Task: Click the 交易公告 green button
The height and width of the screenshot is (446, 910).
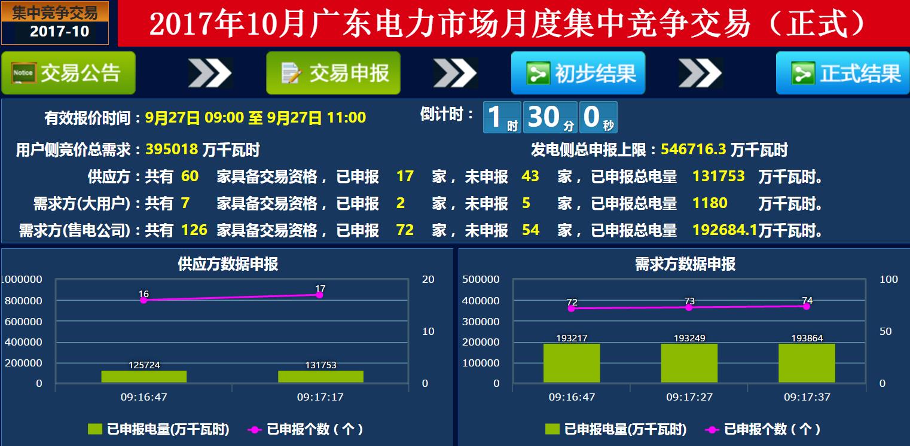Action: coord(68,73)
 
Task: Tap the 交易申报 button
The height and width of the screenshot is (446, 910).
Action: coord(333,73)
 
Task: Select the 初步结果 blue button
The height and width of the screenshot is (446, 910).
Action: coord(578,73)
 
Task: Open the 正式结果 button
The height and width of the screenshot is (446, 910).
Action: coord(843,73)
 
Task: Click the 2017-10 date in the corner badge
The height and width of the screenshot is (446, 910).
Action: coord(59,31)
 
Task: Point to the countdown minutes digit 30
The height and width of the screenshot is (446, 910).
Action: coord(543,117)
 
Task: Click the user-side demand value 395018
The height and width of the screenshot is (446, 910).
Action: coord(172,149)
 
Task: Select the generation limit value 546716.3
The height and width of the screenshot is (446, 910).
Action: coord(693,149)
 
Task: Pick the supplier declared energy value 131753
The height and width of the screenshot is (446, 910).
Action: coord(718,176)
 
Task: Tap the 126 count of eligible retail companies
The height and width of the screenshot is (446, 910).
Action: coord(194,230)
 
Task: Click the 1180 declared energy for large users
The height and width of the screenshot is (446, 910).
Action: coord(710,203)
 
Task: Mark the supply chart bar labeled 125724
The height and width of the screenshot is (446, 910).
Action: coord(144,377)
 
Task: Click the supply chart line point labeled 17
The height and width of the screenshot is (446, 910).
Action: coord(320,295)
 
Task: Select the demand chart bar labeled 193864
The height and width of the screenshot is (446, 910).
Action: coord(807,363)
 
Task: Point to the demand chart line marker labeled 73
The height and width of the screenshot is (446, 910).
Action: coord(689,307)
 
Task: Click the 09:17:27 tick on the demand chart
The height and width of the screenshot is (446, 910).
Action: coord(689,397)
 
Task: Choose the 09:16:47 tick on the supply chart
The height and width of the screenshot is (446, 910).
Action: coord(144,397)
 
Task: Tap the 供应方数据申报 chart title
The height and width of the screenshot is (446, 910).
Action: coord(228,264)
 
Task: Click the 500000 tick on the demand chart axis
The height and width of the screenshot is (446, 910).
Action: coord(481,279)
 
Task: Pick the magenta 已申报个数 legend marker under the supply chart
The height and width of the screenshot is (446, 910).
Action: coord(255,429)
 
